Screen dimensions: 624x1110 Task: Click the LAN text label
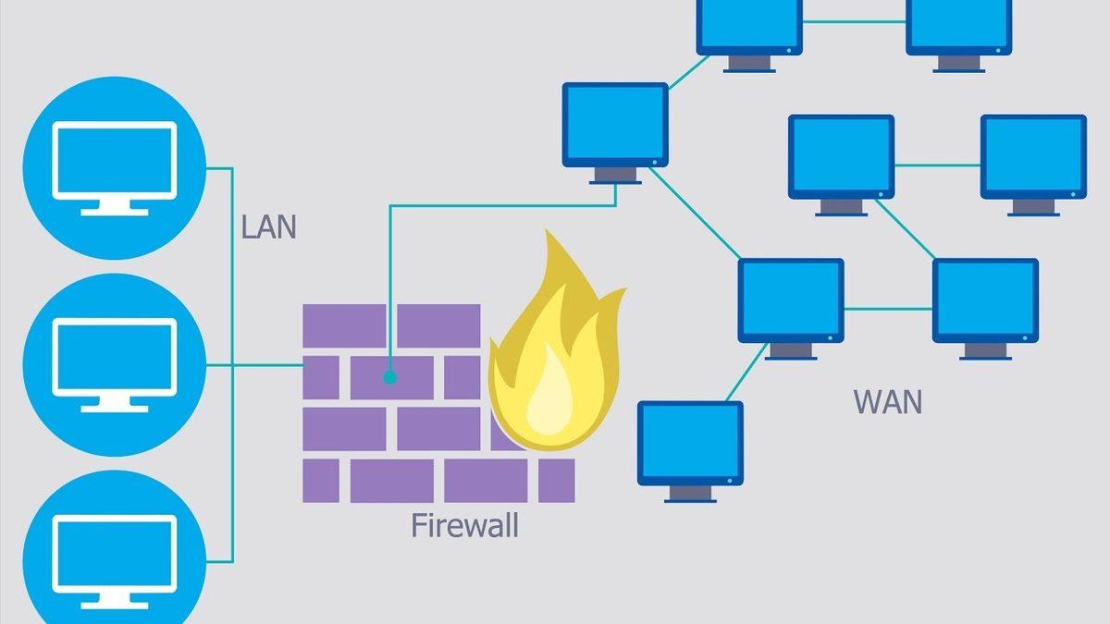[269, 227]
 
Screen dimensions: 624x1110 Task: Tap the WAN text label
[887, 403]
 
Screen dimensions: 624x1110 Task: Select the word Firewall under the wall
[464, 526]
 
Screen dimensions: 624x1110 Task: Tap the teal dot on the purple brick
[389, 377]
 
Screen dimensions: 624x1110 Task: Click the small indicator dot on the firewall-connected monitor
[655, 162]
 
